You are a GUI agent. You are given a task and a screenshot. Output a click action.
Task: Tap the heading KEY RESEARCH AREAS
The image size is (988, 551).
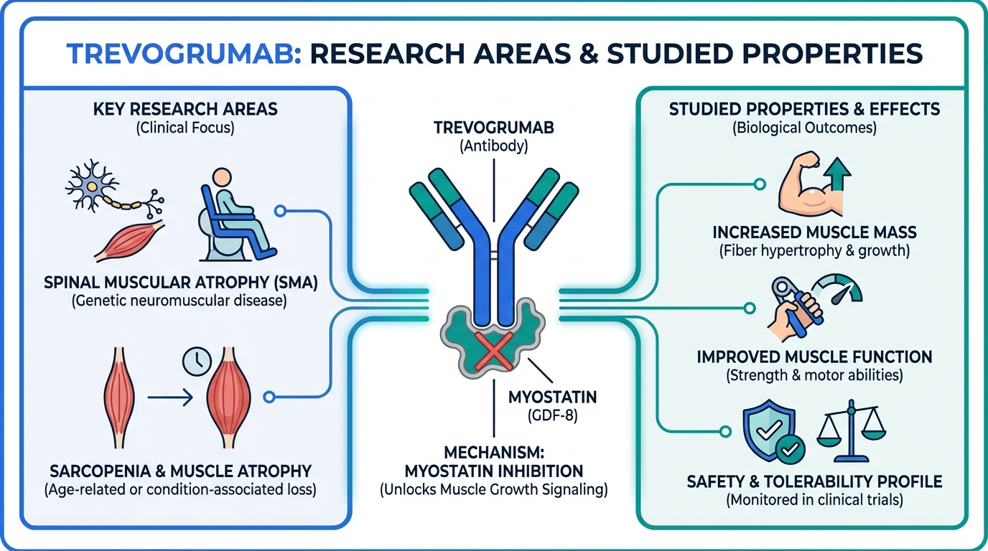coord(185,110)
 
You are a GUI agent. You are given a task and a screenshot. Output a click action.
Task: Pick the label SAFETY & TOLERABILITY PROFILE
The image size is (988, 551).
coord(814,480)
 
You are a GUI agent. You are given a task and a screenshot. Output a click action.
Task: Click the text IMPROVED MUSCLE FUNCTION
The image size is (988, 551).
coord(814,357)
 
